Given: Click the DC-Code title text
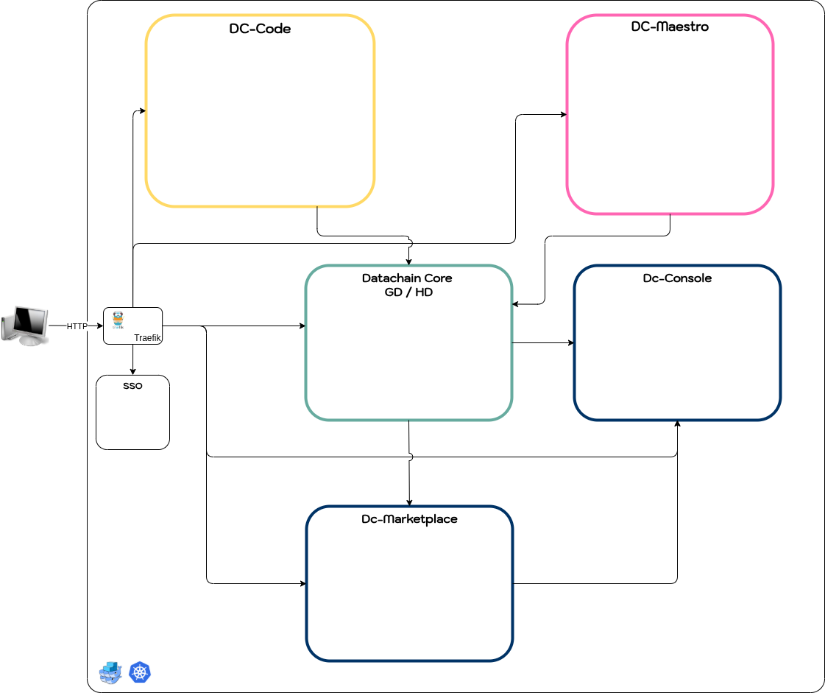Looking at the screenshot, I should [260, 29].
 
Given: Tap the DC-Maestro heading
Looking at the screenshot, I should [670, 27].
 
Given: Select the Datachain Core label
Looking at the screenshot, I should [407, 278].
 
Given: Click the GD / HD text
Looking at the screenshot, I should [408, 292].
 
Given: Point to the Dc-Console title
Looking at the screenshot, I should [677, 278].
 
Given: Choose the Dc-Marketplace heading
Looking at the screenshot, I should [409, 519].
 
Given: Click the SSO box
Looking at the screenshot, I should [132, 412].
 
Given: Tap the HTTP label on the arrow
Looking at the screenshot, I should [77, 326].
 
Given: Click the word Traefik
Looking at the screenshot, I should [147, 337].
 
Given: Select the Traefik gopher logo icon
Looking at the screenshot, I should [118, 320].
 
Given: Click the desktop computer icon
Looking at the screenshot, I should [25, 326].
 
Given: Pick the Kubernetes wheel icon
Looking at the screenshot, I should [139, 672].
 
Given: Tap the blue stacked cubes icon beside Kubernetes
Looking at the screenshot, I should [110, 672].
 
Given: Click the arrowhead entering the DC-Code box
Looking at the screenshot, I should [142, 111].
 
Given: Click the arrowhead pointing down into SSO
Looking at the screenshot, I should [133, 371].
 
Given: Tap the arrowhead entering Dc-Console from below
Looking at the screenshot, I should [677, 424].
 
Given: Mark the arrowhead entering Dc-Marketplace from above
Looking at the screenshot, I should [409, 502].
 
